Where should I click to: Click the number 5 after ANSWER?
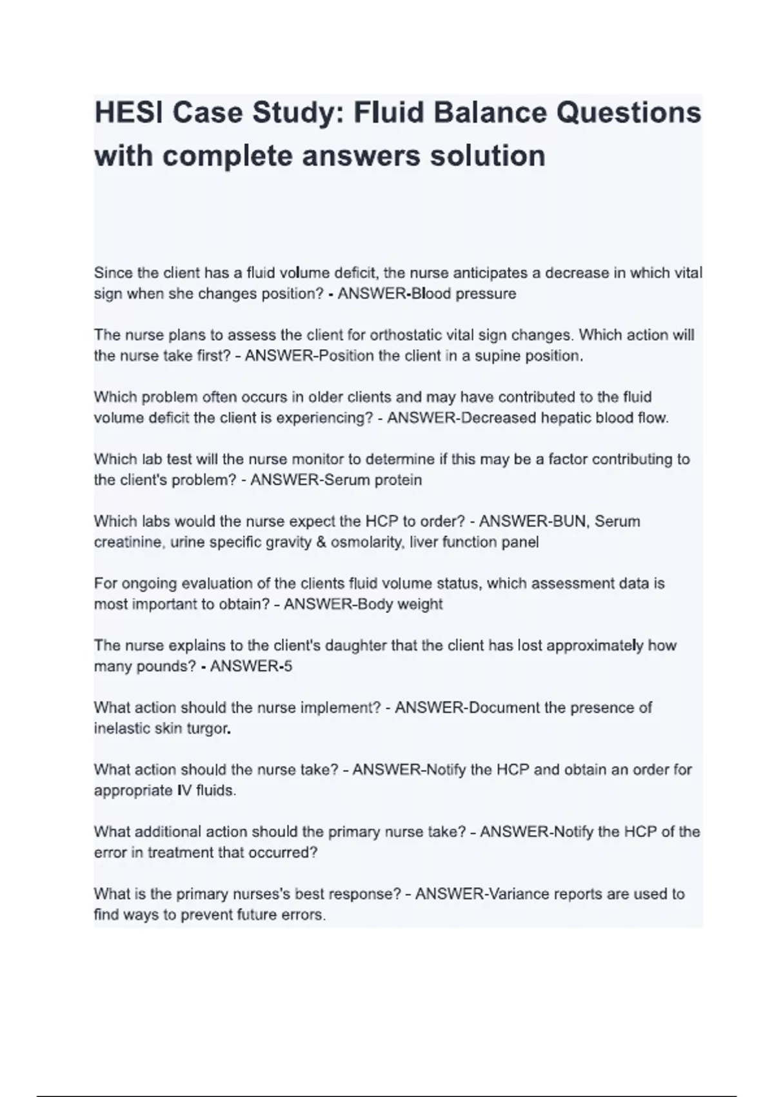point(288,667)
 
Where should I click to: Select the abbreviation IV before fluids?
point(184,790)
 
